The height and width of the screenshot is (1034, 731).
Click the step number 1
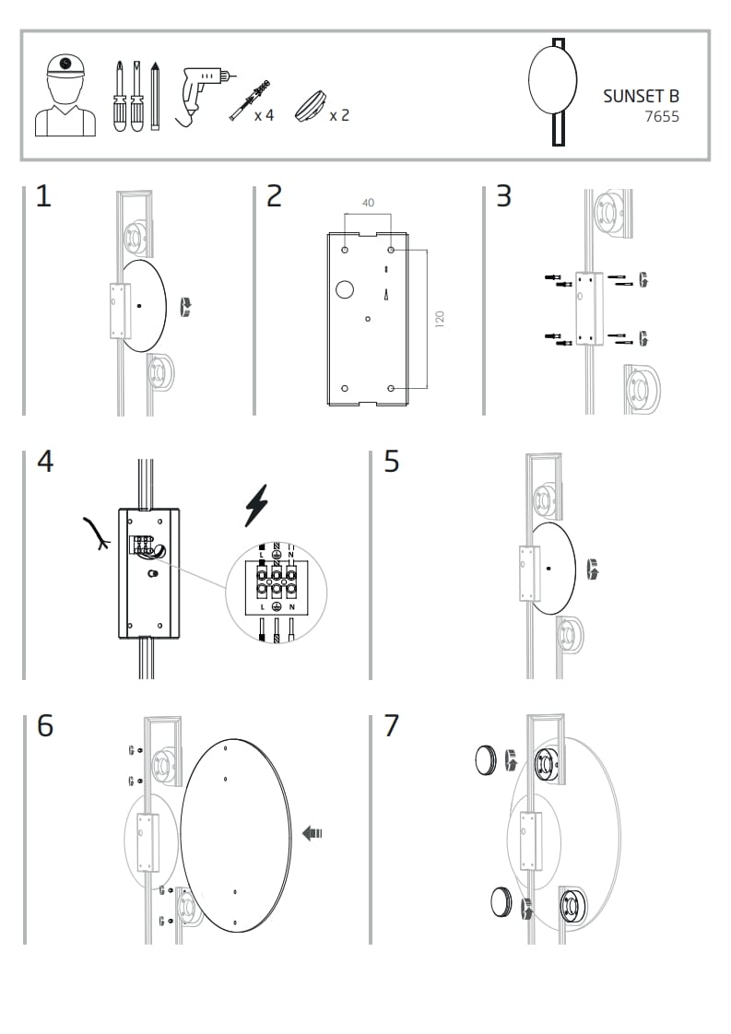[x=43, y=196]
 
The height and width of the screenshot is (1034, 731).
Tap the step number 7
[x=392, y=726]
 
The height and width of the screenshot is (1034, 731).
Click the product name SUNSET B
[x=641, y=96]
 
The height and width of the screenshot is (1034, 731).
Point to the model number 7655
[x=662, y=117]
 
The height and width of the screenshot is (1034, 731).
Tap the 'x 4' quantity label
[x=264, y=115]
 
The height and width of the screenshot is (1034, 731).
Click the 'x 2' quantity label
[x=338, y=115]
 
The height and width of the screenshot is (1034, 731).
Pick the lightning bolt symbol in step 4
[x=255, y=506]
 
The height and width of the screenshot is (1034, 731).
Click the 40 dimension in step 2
[x=368, y=203]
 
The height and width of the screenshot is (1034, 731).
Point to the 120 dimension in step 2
[x=440, y=319]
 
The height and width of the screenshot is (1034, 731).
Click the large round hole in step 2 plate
[x=344, y=289]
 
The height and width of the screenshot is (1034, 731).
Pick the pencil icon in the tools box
[x=155, y=97]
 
